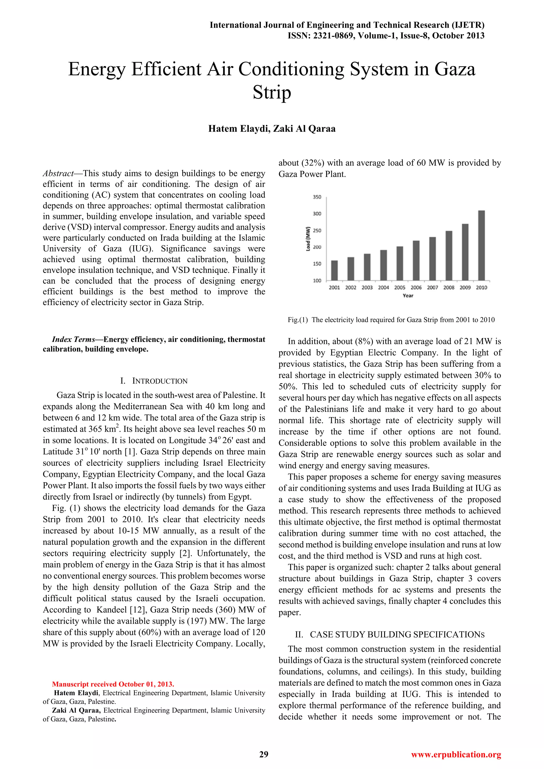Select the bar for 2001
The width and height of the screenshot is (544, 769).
(x=334, y=270)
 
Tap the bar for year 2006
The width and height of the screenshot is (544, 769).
(x=416, y=260)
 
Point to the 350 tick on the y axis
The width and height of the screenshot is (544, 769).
(x=317, y=197)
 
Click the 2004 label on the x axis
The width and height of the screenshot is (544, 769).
(x=383, y=287)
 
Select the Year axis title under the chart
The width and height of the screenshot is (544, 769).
(x=408, y=295)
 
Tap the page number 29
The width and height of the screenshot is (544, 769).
(x=264, y=754)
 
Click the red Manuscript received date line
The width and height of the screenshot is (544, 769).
(x=113, y=684)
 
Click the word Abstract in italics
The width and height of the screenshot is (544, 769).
(x=58, y=173)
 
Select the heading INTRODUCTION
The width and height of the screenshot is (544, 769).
(x=160, y=381)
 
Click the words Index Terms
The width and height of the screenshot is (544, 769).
(x=73, y=339)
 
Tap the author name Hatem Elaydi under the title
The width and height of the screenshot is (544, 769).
(x=239, y=129)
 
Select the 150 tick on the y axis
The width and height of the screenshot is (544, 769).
(x=317, y=264)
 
